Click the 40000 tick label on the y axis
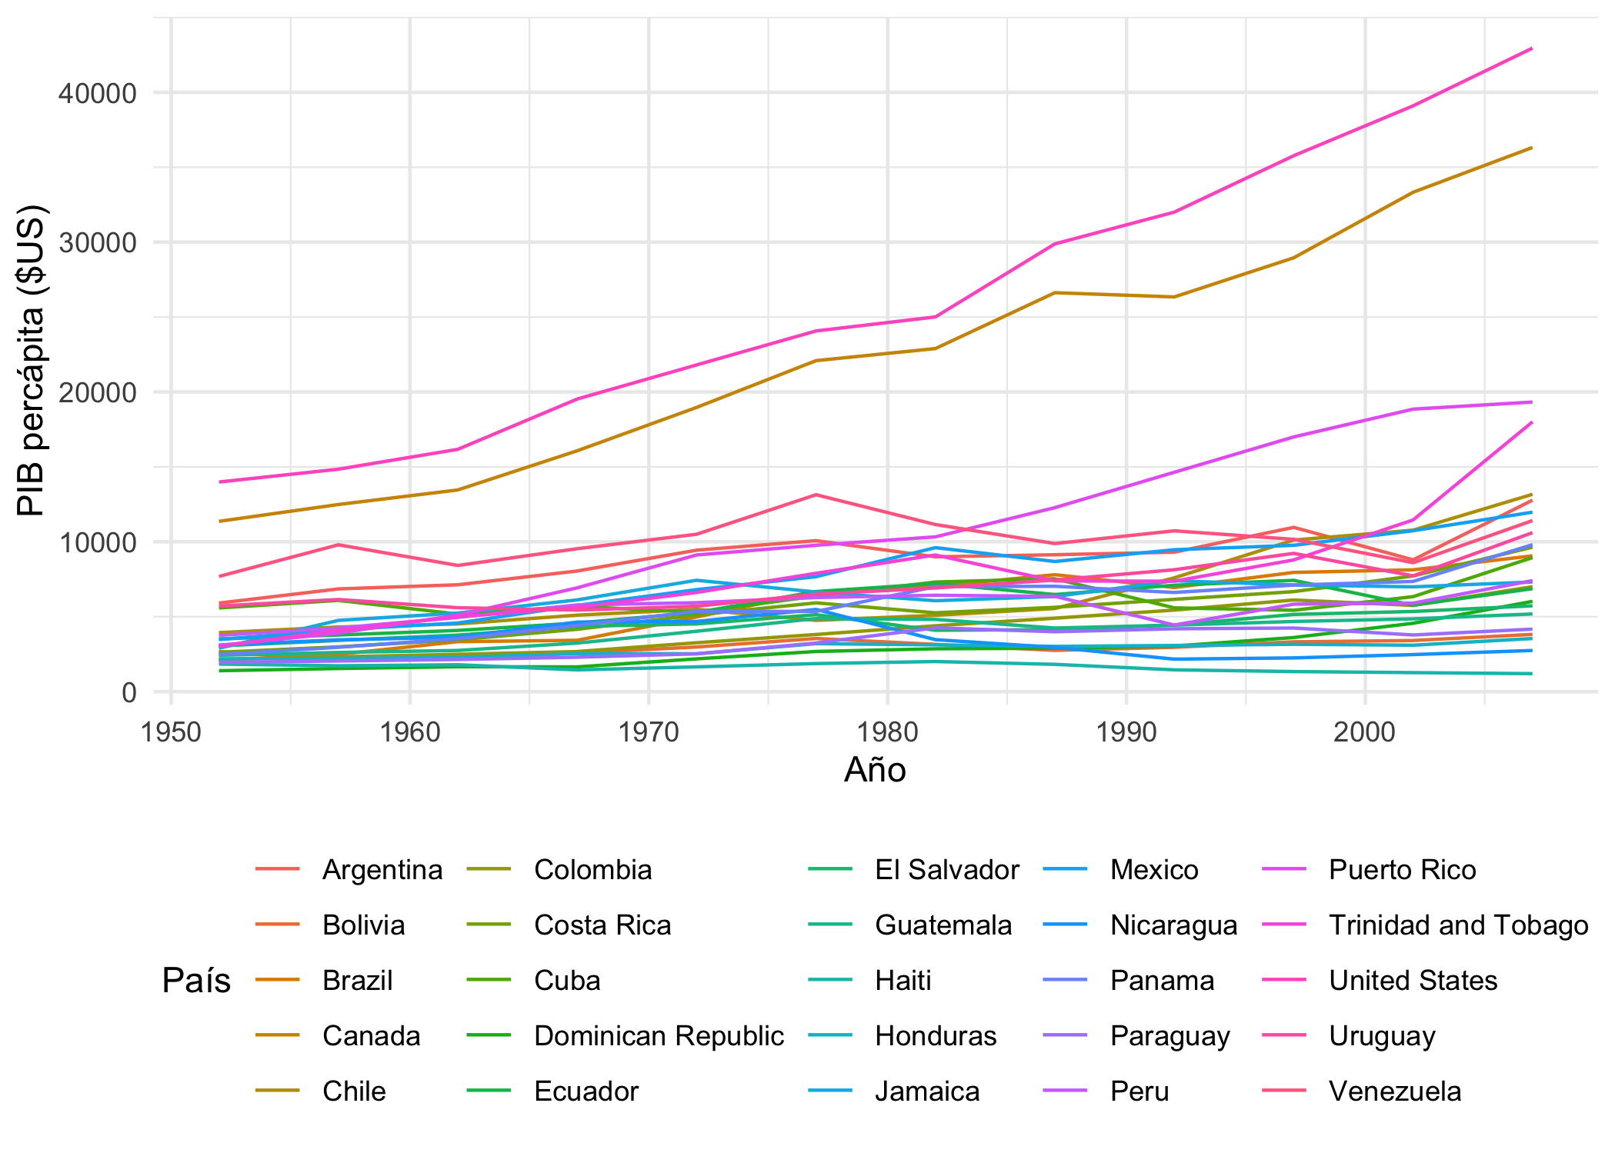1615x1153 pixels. (97, 94)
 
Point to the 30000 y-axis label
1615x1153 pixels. (97, 243)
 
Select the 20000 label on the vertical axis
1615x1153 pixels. (97, 393)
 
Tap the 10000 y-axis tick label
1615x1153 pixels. (97, 542)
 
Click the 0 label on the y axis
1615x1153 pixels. (128, 692)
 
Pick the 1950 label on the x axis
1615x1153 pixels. (171, 732)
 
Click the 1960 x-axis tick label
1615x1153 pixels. (410, 732)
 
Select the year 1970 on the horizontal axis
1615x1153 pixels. (649, 732)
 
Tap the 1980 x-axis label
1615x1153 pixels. (888, 732)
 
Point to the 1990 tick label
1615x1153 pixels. (1126, 732)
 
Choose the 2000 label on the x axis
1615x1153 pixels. (1365, 732)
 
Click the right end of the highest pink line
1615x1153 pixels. (1532, 48)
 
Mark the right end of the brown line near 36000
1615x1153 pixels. (1532, 147)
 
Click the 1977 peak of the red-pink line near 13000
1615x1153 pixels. (816, 495)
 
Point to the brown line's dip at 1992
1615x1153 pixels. (1174, 297)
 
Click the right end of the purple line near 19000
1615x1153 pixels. (1532, 402)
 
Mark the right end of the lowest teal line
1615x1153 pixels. (1532, 674)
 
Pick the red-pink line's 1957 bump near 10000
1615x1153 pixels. (339, 545)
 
